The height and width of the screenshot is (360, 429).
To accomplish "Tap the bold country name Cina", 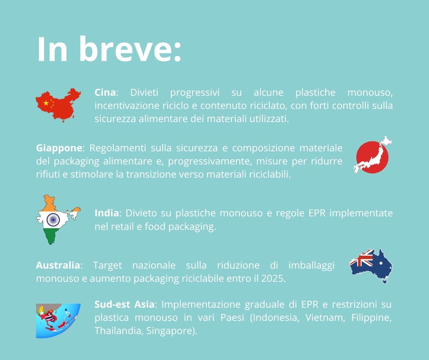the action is click(105, 92).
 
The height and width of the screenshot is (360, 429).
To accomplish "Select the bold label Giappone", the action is click(59, 148).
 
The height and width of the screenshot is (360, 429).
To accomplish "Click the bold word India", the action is click(107, 213).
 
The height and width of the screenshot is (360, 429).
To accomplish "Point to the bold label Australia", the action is click(58, 265).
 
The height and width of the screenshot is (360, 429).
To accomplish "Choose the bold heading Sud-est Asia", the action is click(125, 304).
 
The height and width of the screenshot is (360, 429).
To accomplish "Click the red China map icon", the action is click(58, 105).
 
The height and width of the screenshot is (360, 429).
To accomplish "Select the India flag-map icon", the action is click(58, 220).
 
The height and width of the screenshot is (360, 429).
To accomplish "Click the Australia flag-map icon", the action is click(371, 266).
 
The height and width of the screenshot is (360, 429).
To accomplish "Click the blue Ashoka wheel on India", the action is click(53, 219).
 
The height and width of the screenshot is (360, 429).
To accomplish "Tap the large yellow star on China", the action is click(46, 103).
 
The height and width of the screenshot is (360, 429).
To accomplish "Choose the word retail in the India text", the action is click(123, 227).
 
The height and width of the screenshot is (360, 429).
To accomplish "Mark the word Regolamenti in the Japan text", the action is click(118, 148).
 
